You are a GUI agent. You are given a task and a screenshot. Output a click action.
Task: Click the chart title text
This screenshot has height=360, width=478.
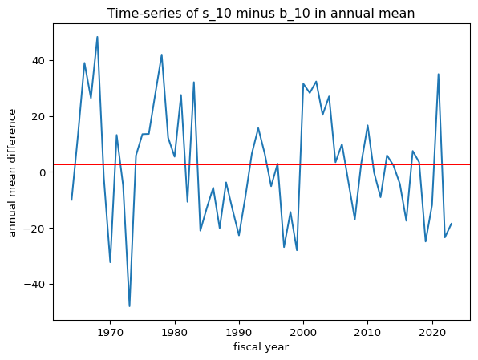[x=261, y=14]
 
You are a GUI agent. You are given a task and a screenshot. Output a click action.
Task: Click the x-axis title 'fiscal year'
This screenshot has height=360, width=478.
[x=261, y=347]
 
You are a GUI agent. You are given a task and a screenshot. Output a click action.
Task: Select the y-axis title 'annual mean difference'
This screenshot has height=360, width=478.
[x=12, y=173]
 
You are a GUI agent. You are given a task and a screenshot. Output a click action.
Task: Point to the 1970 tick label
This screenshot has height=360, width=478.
[x=110, y=332]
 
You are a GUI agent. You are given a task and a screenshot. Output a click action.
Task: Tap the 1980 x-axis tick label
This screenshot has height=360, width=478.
[x=175, y=332]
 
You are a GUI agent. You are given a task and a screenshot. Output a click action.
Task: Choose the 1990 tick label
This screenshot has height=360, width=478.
[x=239, y=332]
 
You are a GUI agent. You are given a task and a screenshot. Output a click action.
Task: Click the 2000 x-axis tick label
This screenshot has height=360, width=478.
[x=303, y=332]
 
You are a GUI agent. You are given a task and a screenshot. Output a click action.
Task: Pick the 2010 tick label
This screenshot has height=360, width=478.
[x=367, y=332]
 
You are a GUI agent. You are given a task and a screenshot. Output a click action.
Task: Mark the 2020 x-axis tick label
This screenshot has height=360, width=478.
[x=432, y=332]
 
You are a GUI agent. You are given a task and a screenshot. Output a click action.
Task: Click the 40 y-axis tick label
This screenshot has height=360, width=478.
[x=38, y=61]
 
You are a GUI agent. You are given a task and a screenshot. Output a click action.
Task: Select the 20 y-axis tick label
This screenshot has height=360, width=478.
[x=38, y=116]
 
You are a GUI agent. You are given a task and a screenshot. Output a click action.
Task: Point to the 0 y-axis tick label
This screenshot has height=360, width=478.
[x=42, y=172]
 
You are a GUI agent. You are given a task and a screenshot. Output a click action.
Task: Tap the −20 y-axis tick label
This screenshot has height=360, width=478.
[x=34, y=228]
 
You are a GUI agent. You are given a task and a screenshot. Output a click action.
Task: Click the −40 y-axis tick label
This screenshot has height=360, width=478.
[x=34, y=284]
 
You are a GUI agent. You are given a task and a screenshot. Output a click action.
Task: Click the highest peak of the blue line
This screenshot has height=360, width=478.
[x=97, y=37]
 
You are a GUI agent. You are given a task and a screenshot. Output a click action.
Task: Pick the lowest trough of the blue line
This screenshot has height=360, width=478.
[x=130, y=306]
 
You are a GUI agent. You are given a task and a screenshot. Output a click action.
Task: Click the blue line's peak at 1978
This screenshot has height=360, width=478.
[x=161, y=55]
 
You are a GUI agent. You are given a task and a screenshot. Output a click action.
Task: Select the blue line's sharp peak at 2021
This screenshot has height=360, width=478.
[x=439, y=74]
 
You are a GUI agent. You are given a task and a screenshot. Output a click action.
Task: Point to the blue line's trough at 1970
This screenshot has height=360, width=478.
[x=110, y=262]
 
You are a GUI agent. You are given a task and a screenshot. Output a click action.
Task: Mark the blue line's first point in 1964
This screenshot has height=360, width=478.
[x=71, y=200]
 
